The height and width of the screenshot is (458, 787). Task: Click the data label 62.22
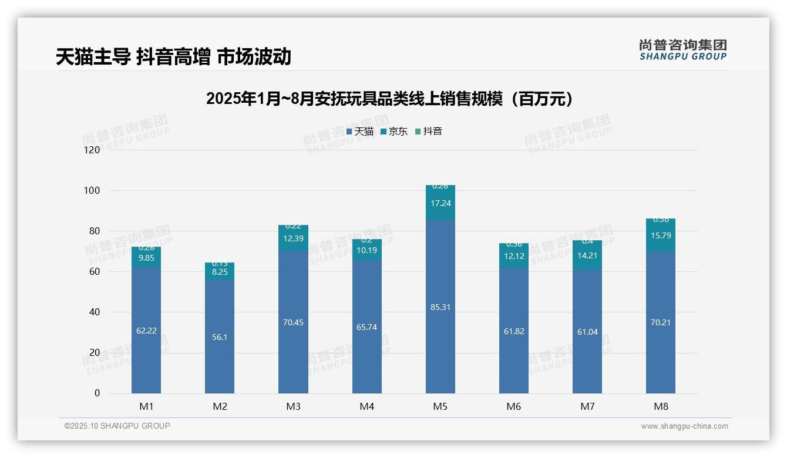click(146, 331)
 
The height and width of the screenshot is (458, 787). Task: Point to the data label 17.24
click(440, 203)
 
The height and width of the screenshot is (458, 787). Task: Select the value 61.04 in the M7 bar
click(587, 332)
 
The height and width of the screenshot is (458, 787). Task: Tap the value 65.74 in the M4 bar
click(366, 327)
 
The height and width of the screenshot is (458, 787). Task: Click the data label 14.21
click(587, 255)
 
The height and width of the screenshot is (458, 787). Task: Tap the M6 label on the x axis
click(513, 406)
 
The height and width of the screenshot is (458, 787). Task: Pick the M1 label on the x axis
click(146, 406)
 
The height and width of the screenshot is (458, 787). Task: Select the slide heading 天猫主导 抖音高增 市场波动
click(174, 57)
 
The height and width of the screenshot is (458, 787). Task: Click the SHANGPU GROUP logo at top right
click(682, 50)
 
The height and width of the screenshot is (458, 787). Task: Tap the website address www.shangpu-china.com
click(684, 426)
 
